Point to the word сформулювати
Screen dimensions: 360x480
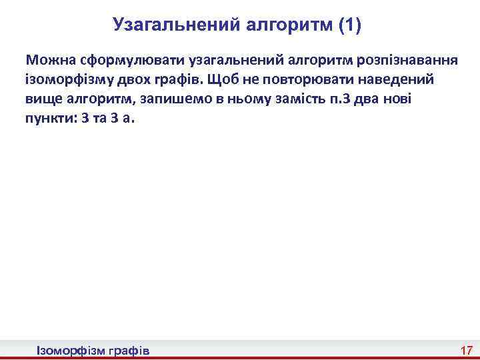[x=123, y=59]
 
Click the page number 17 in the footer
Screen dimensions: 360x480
[x=465, y=350]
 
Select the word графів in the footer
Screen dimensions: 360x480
[x=128, y=350]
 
